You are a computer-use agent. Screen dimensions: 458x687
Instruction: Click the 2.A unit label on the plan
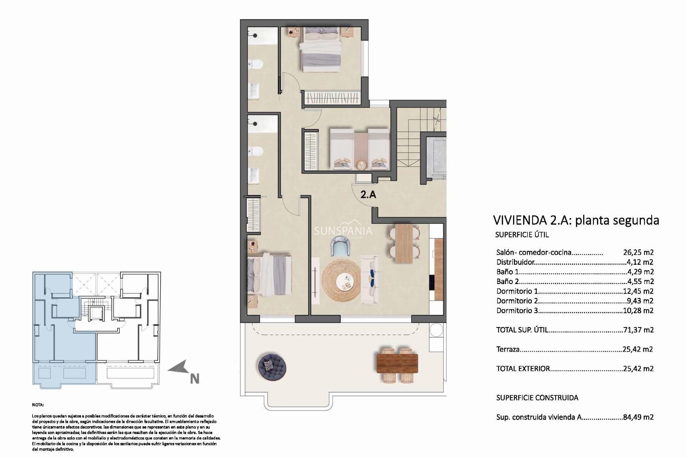pyautogui.click(x=368, y=195)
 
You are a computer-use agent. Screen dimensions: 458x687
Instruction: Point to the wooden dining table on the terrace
pyautogui.click(x=397, y=363)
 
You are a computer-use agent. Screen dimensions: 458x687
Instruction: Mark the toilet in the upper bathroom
pyautogui.click(x=256, y=64)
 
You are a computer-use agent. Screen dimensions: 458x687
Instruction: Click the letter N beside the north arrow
pyautogui.click(x=194, y=379)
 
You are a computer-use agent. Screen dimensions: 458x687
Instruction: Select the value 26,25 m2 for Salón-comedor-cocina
pyautogui.click(x=638, y=252)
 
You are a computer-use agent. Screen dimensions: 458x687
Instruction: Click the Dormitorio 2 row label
pyautogui.click(x=517, y=301)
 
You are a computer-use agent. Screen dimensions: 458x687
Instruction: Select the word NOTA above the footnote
pyautogui.click(x=38, y=405)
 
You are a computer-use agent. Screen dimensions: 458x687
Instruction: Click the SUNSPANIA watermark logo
pyautogui.click(x=343, y=231)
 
